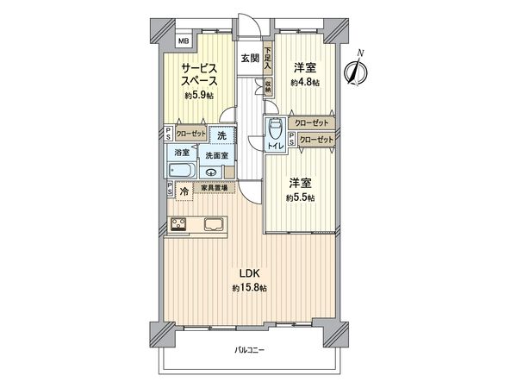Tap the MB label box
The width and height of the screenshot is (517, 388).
tap(184, 41)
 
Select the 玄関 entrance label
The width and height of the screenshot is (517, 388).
tap(250, 59)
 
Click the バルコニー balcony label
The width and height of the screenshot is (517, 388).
tap(249, 351)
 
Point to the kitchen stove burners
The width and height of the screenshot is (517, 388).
tap(180, 227)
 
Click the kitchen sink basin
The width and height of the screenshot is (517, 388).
tap(213, 227)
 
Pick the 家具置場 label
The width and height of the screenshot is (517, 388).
tap(215, 188)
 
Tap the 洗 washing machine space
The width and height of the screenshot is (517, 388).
tap(221, 135)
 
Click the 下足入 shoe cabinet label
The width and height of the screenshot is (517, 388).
tap(269, 57)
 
